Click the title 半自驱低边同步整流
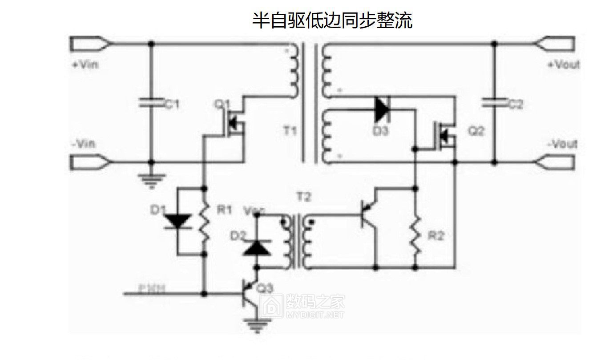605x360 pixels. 332,20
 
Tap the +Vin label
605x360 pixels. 85,65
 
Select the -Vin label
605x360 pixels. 83,144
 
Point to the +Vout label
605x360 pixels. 564,65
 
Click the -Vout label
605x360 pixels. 562,144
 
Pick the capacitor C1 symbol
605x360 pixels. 151,103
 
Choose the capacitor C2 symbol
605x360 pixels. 494,103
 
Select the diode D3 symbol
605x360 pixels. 382,109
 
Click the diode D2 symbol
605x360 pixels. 256,247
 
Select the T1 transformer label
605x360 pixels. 290,131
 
